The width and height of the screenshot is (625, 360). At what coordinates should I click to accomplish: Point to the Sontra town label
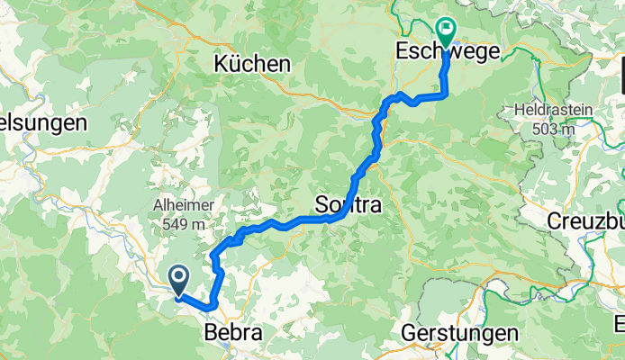pos(349,206)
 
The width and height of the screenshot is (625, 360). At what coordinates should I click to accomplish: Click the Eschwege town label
pos(448,53)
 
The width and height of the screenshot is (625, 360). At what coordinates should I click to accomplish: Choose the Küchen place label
pos(253,64)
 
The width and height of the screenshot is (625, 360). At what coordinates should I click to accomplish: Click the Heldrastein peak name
pos(554,111)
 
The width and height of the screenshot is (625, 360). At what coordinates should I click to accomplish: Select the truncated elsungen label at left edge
pos(43,121)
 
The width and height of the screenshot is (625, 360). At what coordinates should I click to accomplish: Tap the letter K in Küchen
pos(221,64)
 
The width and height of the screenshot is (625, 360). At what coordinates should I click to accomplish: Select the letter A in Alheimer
pos(157,204)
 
